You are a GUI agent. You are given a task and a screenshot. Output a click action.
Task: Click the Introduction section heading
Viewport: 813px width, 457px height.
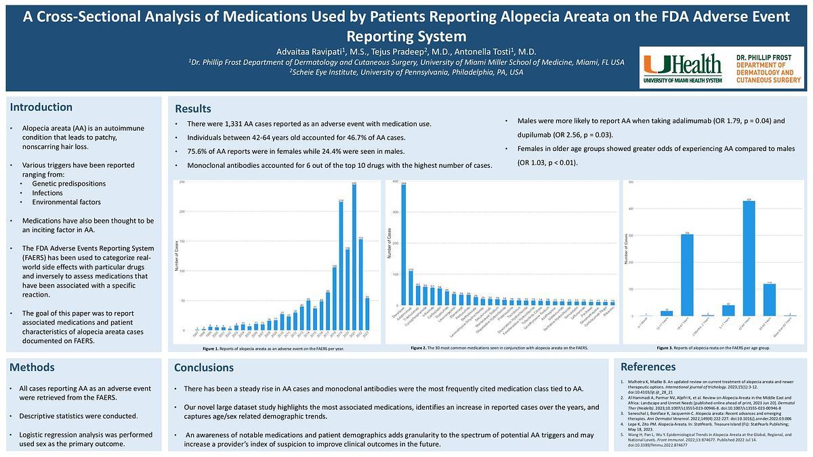(41, 107)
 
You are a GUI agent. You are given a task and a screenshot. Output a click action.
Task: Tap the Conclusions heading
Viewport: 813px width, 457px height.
(204, 367)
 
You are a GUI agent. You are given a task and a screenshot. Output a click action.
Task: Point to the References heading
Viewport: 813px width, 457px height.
(648, 366)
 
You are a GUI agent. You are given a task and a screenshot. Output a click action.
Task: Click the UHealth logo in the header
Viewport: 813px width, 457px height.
(682, 67)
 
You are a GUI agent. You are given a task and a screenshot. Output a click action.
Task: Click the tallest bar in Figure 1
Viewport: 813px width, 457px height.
(354, 257)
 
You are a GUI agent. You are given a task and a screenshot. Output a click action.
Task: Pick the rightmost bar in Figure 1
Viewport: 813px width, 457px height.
(367, 313)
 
